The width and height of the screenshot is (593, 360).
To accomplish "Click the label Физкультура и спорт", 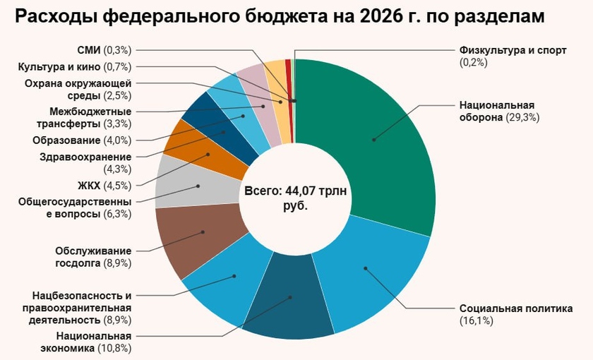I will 503,51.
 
